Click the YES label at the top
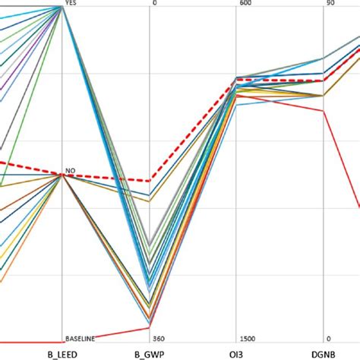tap(71, 3)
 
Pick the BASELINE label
tap(79, 339)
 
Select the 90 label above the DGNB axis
tap(330, 3)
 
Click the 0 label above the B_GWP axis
tap(155, 3)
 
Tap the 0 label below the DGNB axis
tap(327, 339)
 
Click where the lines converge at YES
tap(62, 7)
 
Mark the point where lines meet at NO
tap(62, 175)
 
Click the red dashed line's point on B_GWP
tap(150, 181)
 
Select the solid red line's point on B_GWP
tap(150, 328)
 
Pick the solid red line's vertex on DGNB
tap(324, 111)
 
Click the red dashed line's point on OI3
tap(237, 82)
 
